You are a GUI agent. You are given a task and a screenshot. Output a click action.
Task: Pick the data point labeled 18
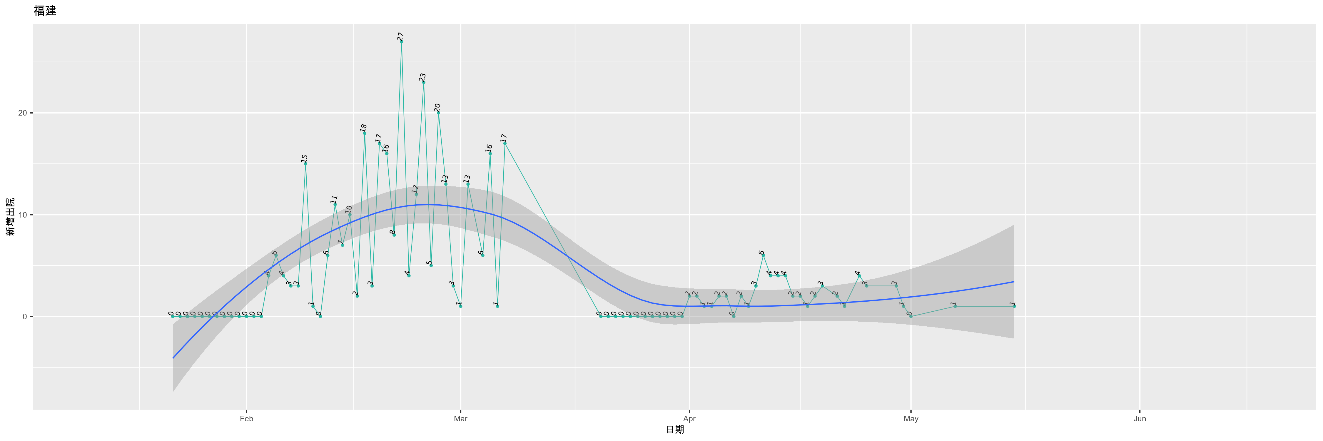coord(365,133)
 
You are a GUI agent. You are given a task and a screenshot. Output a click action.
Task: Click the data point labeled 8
coord(394,235)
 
